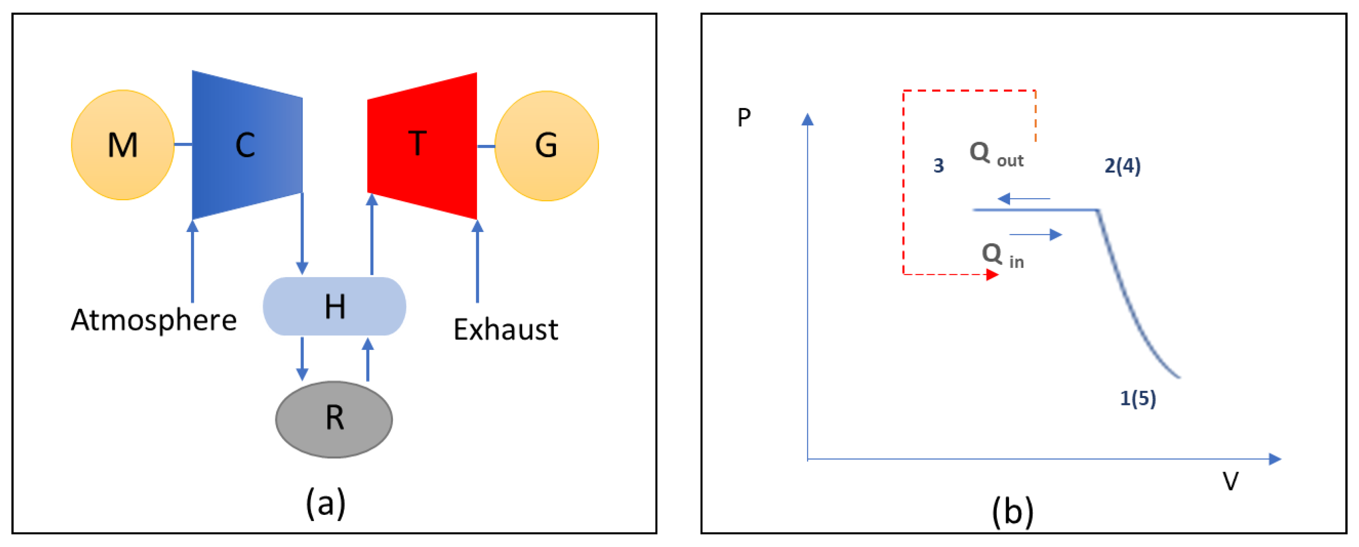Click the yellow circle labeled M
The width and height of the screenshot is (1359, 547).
(123, 145)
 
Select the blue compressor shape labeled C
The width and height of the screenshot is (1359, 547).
(246, 145)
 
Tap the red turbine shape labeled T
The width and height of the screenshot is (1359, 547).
(422, 145)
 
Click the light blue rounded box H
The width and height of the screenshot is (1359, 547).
(334, 306)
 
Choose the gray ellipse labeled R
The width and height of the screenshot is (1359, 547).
(334, 419)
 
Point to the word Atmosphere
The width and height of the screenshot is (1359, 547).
(154, 320)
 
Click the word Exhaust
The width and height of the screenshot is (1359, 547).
(505, 330)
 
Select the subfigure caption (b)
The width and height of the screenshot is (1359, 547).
(1012, 511)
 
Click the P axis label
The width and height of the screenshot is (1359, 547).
(744, 117)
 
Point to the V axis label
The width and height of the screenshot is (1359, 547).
(1230, 481)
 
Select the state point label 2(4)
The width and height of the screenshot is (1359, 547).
(1122, 166)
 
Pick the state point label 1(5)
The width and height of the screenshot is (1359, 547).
(1138, 398)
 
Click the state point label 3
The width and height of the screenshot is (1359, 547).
(939, 166)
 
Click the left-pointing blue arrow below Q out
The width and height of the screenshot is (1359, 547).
(1023, 199)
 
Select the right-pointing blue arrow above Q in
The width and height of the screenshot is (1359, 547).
(1036, 234)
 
